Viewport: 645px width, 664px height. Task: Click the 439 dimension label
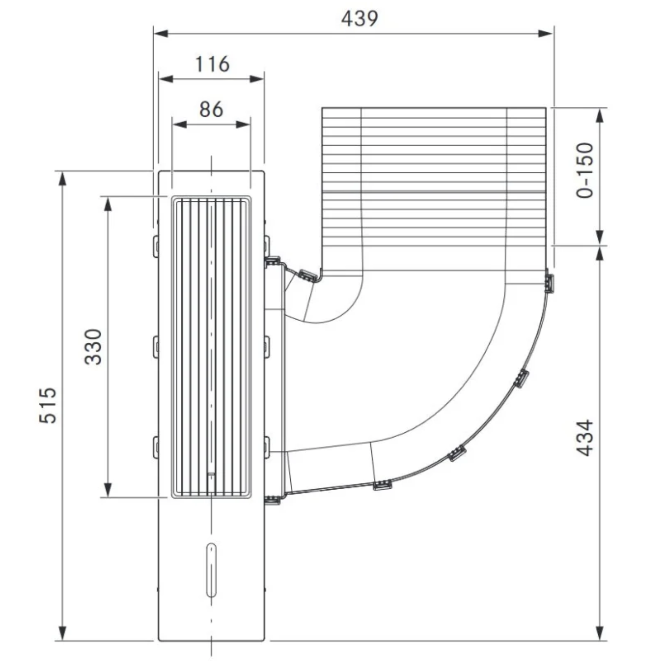click(359, 19)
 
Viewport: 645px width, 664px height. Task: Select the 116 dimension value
click(212, 64)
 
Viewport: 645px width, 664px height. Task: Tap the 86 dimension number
click(211, 109)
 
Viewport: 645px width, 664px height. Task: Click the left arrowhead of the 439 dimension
click(161, 33)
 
